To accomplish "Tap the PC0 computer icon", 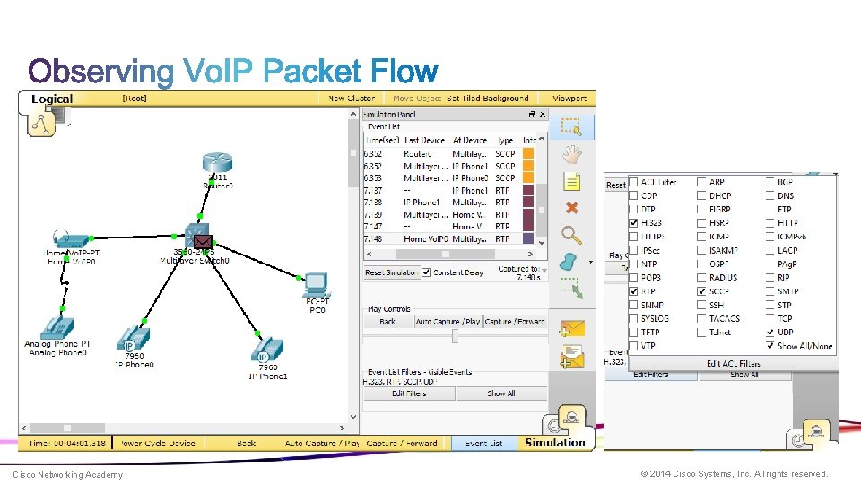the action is pyautogui.click(x=316, y=286).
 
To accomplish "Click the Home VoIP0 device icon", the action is pyautogui.click(x=69, y=239).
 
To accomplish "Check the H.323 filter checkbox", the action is pyautogui.click(x=634, y=222).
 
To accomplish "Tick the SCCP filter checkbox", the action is pyautogui.click(x=701, y=291).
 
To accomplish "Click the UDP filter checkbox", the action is pyautogui.click(x=770, y=333).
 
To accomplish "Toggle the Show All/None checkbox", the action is pyautogui.click(x=770, y=346).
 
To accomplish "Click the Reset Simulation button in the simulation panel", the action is pyautogui.click(x=390, y=272).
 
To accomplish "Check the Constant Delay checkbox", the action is pyautogui.click(x=427, y=272).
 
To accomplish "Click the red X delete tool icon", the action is pyautogui.click(x=571, y=208).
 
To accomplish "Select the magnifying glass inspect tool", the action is pyautogui.click(x=571, y=236).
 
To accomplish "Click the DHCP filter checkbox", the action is pyautogui.click(x=701, y=195).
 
